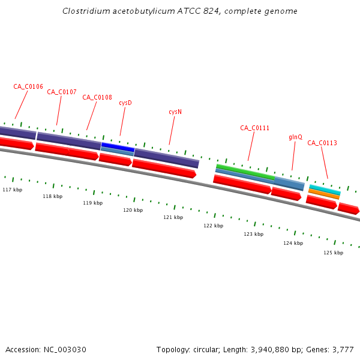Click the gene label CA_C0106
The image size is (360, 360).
pos(28,86)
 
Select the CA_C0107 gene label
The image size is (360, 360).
pos(62,92)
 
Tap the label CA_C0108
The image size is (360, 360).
pos(97,97)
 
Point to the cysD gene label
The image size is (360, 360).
pos(125,103)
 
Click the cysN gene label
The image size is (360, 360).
pos(175,112)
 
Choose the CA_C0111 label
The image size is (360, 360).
pos(255,128)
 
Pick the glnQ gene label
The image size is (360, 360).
pos(296,137)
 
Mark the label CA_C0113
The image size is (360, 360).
pos(322,143)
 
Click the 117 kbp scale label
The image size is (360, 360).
pos(13,190)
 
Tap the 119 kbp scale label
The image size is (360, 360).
pos(93,203)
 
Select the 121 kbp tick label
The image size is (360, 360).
pos(173,217)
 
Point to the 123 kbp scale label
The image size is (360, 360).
pos(254,234)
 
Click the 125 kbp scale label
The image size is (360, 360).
pos(334,253)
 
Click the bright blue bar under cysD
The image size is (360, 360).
pos(118,146)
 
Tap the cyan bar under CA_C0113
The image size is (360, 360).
pos(325,189)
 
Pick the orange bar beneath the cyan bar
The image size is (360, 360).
pos(324,194)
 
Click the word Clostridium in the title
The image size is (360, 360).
pos(85,11)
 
